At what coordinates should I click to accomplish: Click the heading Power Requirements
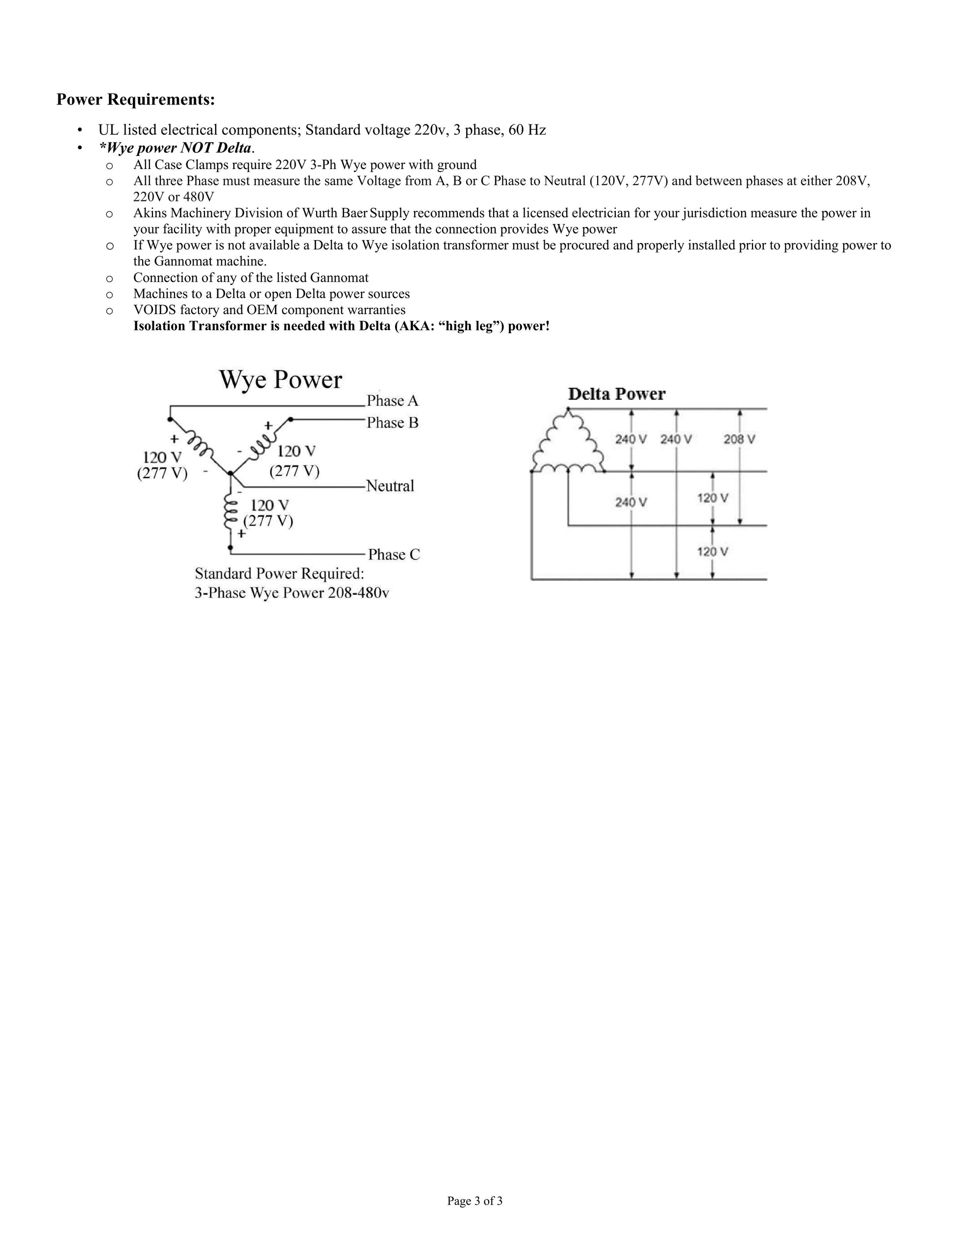click(x=136, y=100)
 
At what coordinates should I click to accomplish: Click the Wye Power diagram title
click(x=280, y=380)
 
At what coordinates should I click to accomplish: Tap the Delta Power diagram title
click(x=617, y=394)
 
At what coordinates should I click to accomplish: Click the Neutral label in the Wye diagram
click(x=390, y=486)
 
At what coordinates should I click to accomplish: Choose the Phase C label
click(x=394, y=554)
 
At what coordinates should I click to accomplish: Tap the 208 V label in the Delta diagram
click(x=739, y=439)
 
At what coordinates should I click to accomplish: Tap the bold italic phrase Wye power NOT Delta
click(x=175, y=148)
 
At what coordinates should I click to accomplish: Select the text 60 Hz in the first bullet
click(x=527, y=130)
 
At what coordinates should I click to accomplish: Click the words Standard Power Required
click(x=280, y=573)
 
